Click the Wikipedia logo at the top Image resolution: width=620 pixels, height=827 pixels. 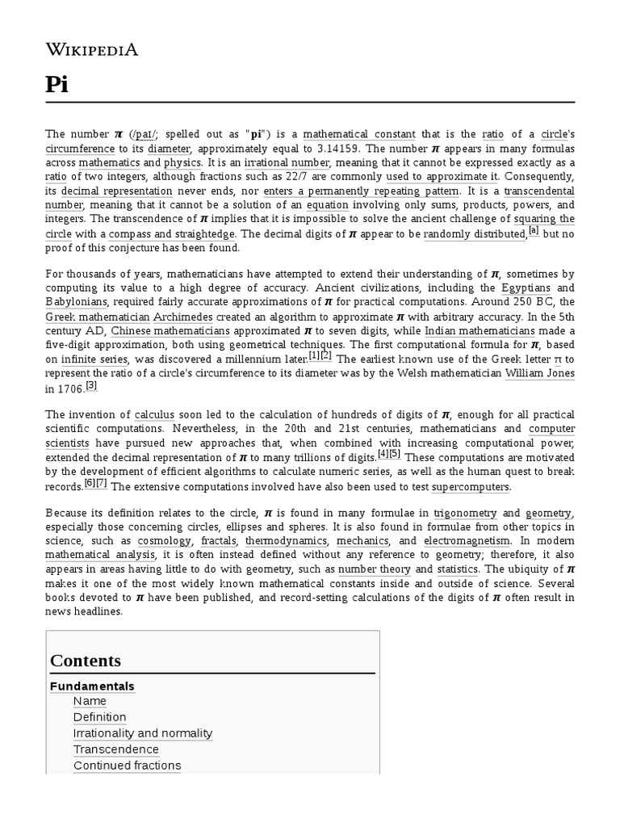point(92,50)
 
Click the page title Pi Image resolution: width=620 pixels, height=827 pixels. point(57,86)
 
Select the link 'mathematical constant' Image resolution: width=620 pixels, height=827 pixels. point(359,134)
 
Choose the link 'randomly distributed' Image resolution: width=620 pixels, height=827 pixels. point(474,234)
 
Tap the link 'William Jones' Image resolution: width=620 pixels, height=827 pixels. point(539,374)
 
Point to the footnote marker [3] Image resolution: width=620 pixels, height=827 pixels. point(91,385)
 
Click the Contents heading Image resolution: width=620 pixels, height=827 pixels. point(86,661)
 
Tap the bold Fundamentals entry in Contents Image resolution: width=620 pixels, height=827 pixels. point(92,686)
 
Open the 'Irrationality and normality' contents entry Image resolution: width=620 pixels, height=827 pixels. point(143,733)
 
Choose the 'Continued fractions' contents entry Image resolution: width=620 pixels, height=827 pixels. point(127,766)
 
